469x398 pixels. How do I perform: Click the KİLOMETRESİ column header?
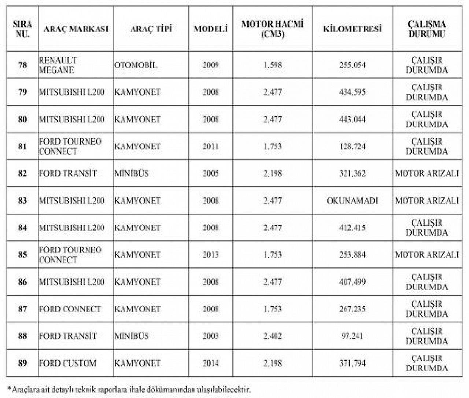(352, 29)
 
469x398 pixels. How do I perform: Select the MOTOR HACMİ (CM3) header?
(273, 29)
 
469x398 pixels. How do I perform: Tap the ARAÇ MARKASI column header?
(76, 29)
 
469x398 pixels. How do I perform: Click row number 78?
(23, 65)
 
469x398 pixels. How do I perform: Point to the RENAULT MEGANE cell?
(58, 65)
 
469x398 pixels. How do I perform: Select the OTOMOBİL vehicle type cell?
(136, 65)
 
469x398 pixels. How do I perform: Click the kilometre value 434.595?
(352, 92)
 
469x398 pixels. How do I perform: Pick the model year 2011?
(210, 146)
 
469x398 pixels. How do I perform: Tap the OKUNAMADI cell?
(352, 200)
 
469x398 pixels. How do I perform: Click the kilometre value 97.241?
(352, 336)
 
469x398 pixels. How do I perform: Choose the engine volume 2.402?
(273, 336)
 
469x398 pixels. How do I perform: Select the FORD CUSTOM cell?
(68, 363)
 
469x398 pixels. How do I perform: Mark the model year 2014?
(210, 363)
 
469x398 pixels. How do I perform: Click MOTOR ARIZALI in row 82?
(427, 173)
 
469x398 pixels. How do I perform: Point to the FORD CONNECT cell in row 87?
(70, 309)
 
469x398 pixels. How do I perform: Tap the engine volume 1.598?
(273, 65)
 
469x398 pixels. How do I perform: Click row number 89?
(23, 363)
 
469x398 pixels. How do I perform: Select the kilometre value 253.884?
(352, 255)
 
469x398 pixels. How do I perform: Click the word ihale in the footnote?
(136, 389)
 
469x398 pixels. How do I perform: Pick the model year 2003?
(210, 336)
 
